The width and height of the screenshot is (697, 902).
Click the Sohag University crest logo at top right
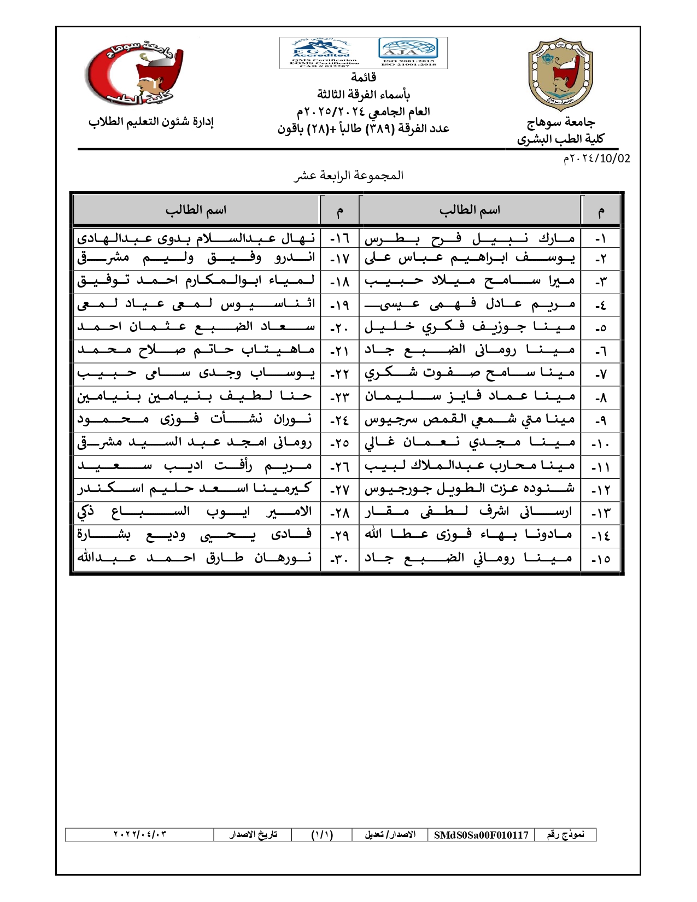560,74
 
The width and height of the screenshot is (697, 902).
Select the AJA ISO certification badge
408,52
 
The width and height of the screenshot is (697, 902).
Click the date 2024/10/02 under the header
597,159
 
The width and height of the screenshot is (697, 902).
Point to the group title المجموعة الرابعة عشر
349,175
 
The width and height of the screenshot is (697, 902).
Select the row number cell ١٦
339,239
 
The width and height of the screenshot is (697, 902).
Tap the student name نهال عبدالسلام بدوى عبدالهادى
196,239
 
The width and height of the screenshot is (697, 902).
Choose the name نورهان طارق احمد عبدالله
196,558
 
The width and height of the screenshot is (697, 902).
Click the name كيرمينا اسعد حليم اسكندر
196,488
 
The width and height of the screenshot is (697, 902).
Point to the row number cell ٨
600,397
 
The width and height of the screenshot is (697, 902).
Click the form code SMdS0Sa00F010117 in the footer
481,835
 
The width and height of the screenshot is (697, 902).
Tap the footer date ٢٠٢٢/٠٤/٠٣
139,835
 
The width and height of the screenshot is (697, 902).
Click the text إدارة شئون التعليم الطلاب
151,122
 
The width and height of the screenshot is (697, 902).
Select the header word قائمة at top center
364,77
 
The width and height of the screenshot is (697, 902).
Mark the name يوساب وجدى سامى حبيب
196,373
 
